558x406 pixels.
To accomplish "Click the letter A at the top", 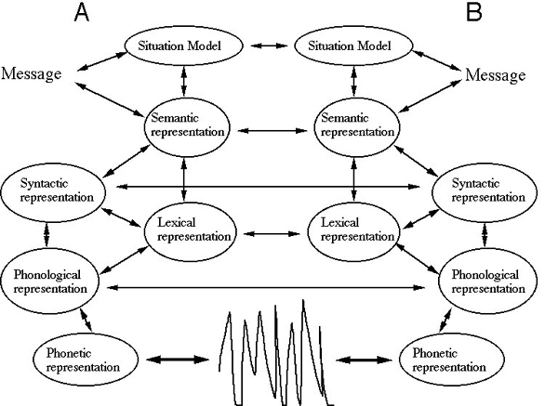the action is pos(82,13).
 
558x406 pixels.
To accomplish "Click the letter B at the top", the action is pos(474,12).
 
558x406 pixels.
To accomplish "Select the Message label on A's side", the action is pos(32,74).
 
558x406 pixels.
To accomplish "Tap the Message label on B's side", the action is pos(496,75).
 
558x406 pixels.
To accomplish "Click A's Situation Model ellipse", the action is pos(183,46).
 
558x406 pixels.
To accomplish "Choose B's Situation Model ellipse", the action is pos(353,46).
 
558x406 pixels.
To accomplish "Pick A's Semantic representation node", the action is pos(187,127).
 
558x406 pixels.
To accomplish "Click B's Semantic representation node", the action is pos(357,127).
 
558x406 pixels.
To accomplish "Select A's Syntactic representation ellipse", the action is pos(53,192).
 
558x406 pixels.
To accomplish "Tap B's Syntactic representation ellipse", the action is pos(485,192).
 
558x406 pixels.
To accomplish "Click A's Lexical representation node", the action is pos(190,231).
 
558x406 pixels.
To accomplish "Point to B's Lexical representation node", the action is pos(353,231).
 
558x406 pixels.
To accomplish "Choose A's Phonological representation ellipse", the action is pos(49,281).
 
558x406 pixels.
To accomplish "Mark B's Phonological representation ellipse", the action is pos(488,281).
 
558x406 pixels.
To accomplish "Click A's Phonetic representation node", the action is pos(86,360).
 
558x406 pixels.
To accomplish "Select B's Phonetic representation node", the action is pos(452,360).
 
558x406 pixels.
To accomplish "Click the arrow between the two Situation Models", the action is pos(269,46).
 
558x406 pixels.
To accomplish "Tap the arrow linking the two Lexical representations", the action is pos(272,234).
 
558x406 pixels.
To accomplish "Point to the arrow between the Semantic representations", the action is pos(272,131).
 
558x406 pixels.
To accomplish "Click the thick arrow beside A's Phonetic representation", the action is pos(178,360).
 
